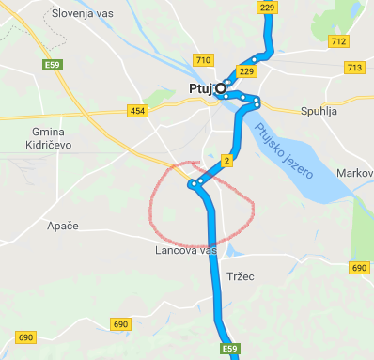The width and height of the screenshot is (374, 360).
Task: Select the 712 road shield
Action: [x=338, y=41]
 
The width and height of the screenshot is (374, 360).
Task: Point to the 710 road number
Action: [x=202, y=60]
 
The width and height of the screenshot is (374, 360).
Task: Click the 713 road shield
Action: [x=354, y=68]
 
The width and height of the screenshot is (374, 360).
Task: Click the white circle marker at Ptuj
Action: [x=222, y=88]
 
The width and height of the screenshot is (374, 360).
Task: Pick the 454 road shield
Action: [x=138, y=112]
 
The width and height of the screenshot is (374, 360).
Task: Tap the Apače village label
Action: [x=62, y=227]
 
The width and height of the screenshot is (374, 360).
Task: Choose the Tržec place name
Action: [x=242, y=276]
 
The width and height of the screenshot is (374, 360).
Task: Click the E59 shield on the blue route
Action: [x=230, y=349]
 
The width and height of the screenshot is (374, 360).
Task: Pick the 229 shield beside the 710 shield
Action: [x=247, y=71]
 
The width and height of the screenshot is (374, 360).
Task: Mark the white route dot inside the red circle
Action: [x=194, y=184]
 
